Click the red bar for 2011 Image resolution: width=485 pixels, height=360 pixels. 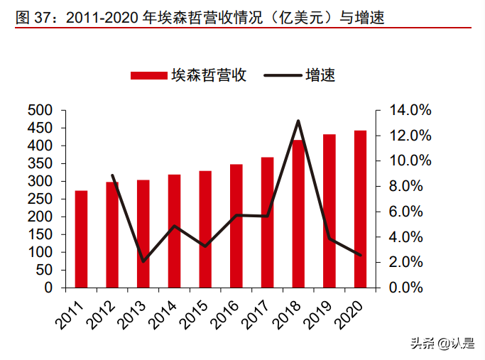point(82,239)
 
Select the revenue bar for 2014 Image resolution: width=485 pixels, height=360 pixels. point(174,231)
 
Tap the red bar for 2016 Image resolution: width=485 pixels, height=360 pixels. point(236,226)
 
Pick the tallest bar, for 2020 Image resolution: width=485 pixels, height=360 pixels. point(360,209)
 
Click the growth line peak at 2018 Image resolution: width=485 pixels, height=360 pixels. point(298,121)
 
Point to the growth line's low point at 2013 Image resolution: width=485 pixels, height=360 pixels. point(143,261)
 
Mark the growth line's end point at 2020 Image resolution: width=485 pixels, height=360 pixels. point(360,256)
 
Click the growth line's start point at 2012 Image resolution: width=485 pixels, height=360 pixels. point(113,175)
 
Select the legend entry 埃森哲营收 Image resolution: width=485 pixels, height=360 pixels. point(188,75)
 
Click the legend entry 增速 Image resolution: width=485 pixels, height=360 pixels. point(298,75)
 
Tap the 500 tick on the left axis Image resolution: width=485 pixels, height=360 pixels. point(41,111)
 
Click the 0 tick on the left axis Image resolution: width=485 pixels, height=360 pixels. point(48,288)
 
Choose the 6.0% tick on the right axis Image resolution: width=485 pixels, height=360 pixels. point(410,212)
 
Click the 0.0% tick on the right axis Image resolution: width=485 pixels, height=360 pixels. point(410,288)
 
